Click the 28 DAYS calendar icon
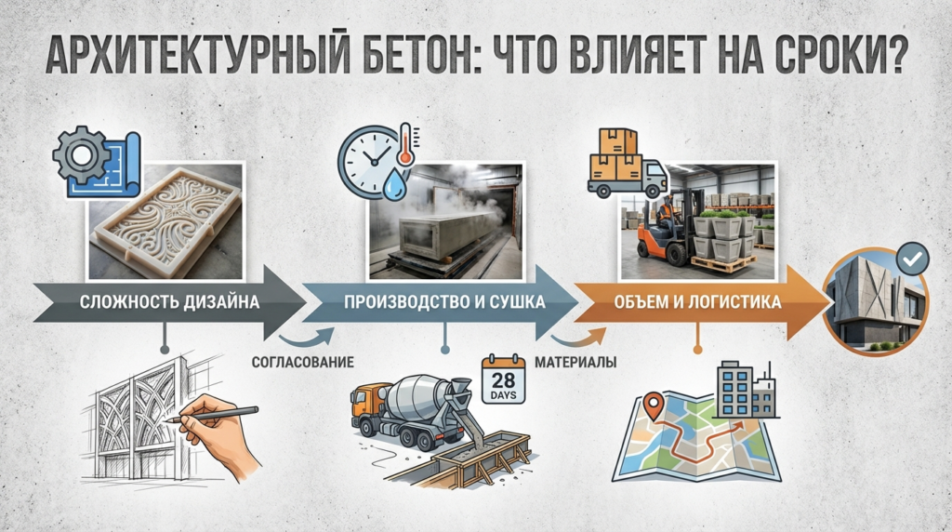503,379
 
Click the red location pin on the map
655,406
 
